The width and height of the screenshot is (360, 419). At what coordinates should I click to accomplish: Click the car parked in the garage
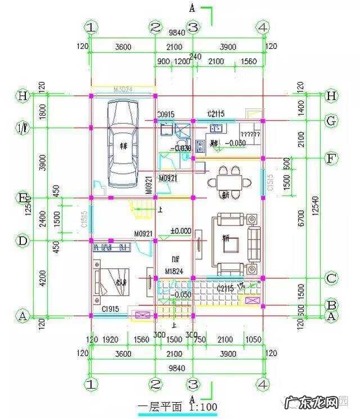123,145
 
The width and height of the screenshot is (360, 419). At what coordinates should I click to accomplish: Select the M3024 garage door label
123,89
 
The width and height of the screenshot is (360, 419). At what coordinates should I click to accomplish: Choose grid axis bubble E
23,198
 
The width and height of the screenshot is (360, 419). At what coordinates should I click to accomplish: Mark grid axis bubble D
23,241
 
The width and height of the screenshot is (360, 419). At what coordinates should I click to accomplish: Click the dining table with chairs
229,181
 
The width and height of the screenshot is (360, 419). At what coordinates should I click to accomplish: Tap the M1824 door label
174,272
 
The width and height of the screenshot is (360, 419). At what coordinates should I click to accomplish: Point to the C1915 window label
110,309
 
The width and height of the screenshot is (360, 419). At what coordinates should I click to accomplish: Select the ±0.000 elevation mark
181,231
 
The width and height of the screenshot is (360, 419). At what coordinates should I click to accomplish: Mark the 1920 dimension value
111,339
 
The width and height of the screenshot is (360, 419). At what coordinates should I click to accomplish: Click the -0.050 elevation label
182,294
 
